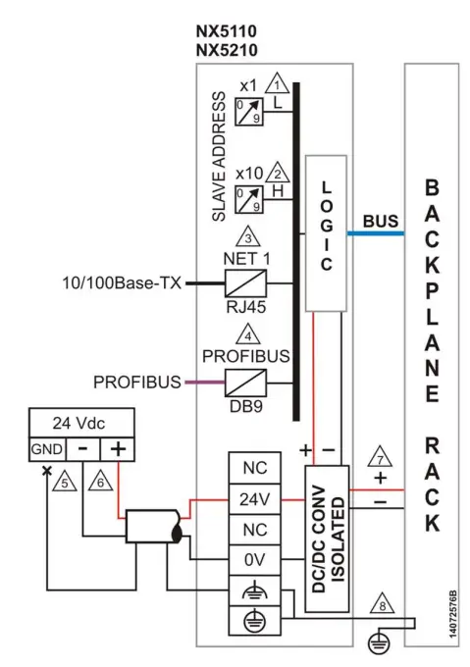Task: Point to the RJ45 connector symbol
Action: [x=248, y=284]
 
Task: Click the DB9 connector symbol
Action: [x=248, y=383]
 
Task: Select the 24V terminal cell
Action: [x=256, y=499]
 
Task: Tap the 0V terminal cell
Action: [x=256, y=567]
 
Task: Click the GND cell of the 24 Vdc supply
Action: [x=41, y=451]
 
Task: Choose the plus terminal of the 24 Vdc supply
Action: [x=118, y=451]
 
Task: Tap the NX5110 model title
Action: [x=224, y=29]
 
